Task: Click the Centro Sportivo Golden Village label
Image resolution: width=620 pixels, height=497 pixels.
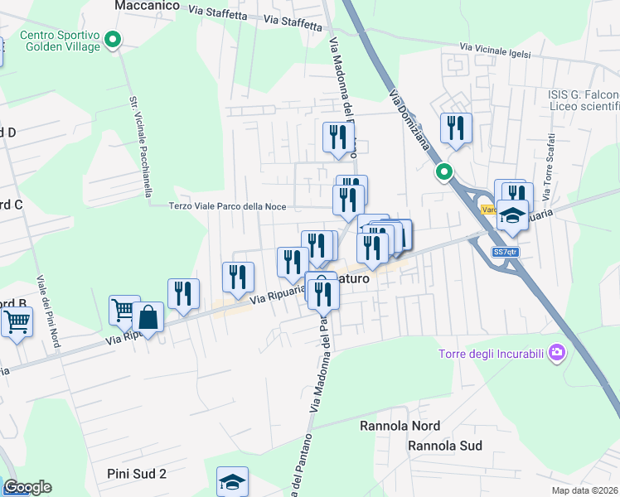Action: pyautogui.click(x=59, y=41)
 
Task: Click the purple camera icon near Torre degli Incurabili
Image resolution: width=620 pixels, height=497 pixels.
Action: pyautogui.click(x=557, y=354)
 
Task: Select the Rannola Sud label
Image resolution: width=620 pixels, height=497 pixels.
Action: pyautogui.click(x=444, y=446)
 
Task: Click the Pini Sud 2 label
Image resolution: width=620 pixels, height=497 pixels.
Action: pyautogui.click(x=137, y=474)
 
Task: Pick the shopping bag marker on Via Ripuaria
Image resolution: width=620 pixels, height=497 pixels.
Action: pyautogui.click(x=148, y=317)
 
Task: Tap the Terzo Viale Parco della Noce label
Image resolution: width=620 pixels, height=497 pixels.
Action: pyautogui.click(x=228, y=207)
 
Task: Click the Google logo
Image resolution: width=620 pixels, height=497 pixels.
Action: pyautogui.click(x=27, y=487)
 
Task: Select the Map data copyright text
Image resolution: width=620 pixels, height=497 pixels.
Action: pyautogui.click(x=585, y=490)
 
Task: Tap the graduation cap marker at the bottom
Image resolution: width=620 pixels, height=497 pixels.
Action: pyautogui.click(x=233, y=481)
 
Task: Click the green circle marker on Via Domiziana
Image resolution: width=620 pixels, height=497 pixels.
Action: pyautogui.click(x=444, y=172)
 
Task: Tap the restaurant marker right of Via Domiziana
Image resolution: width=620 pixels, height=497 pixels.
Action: pyautogui.click(x=456, y=128)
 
